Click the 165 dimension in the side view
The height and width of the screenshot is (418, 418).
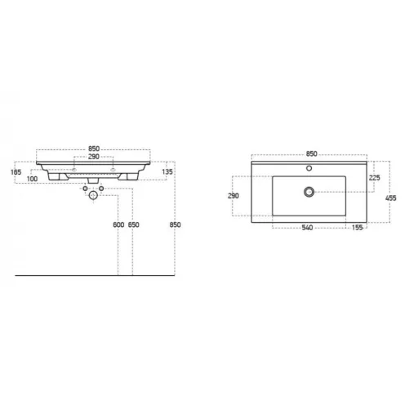pos(16,172)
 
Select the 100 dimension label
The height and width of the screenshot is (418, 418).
pos(32,179)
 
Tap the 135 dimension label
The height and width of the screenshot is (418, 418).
pos(167,172)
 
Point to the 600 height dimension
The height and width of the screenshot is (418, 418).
pos(118,225)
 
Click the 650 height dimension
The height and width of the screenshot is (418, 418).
pos(133,225)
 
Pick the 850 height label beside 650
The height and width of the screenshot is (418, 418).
pos(175,225)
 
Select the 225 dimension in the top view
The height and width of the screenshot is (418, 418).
pos(374,178)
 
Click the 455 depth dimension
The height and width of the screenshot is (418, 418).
pos(391,198)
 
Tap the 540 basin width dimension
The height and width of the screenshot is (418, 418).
pos(307,228)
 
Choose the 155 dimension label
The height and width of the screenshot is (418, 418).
pos(357,228)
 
